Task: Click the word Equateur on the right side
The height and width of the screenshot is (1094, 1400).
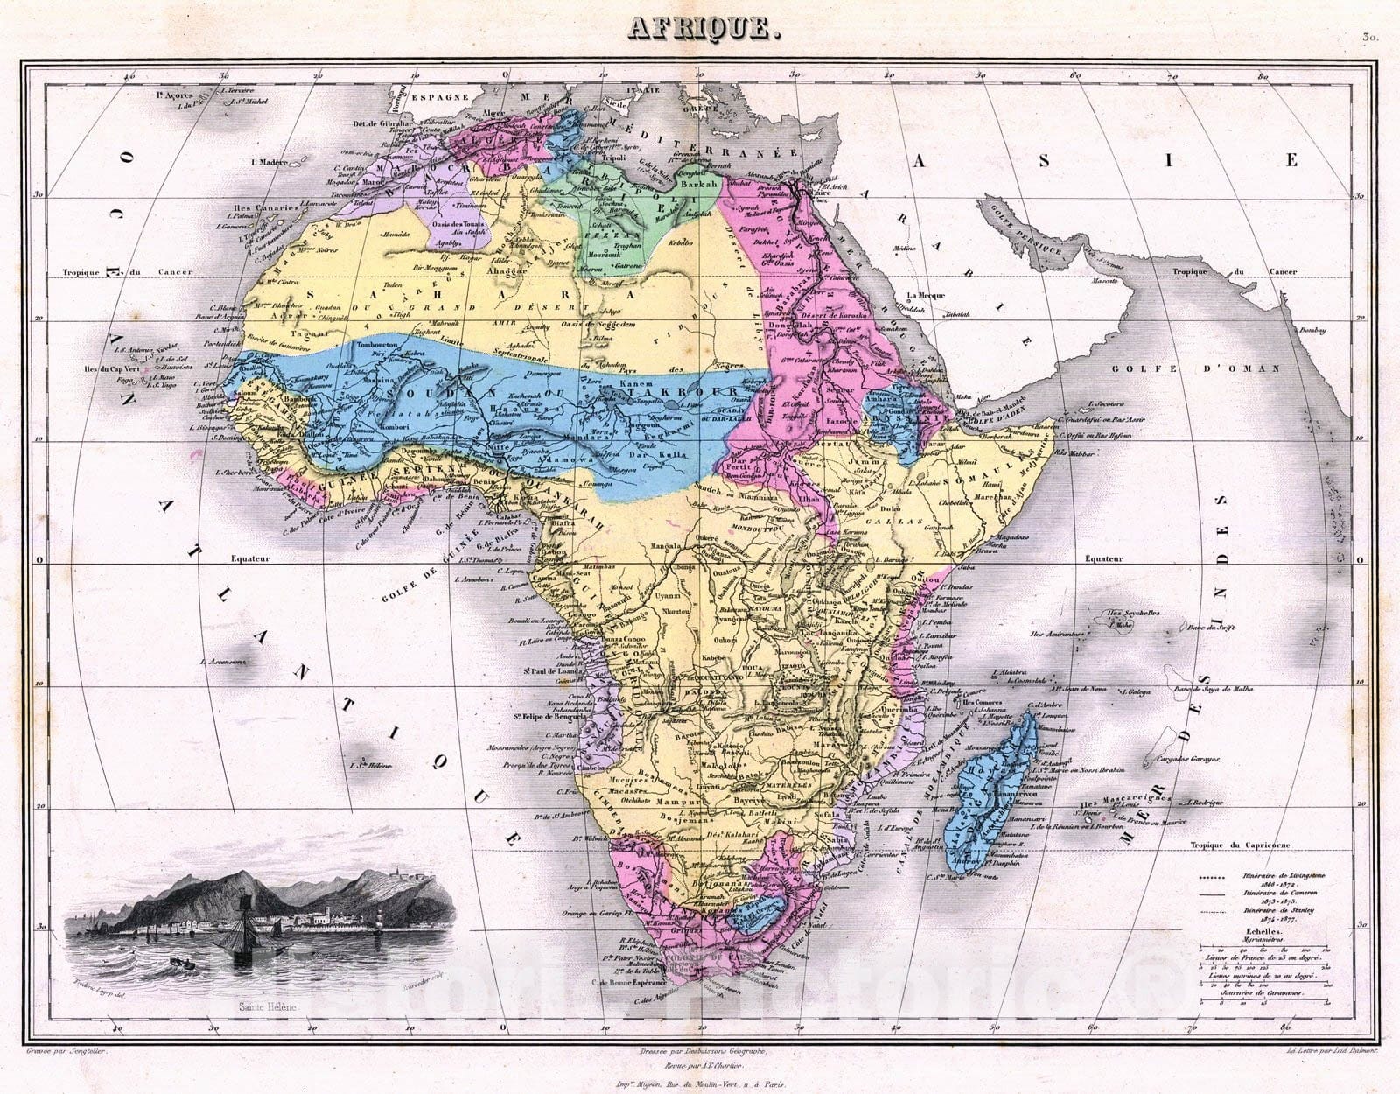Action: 1103,558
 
